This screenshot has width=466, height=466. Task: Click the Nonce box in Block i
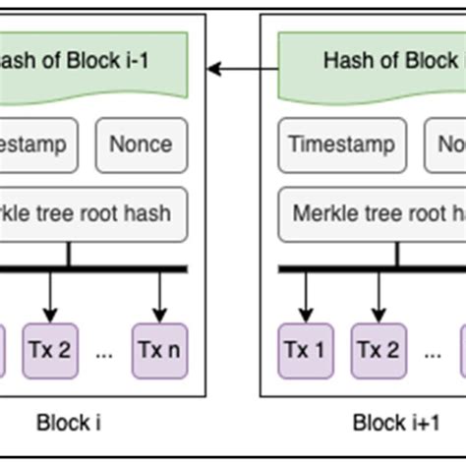[141, 146]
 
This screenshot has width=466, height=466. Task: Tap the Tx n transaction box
[159, 349]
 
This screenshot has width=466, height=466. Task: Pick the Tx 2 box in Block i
[49, 349]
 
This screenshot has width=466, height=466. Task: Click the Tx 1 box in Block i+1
[306, 349]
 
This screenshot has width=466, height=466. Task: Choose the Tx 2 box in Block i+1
[376, 349]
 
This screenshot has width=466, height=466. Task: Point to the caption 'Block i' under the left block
[69, 424]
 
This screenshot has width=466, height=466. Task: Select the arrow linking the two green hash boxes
[242, 68]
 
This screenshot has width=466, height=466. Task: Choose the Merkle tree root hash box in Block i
[93, 213]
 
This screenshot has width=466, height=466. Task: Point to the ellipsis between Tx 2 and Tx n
[104, 351]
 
